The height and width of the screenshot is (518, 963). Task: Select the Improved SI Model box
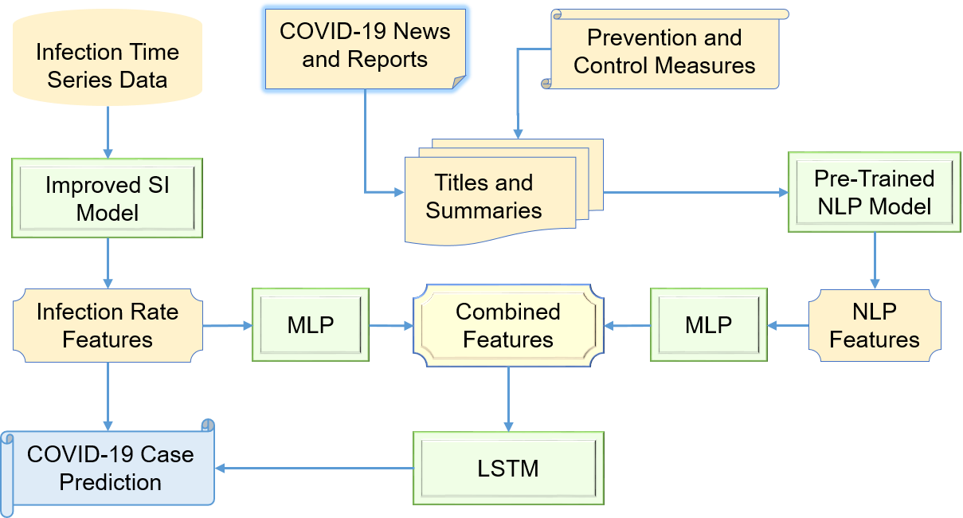(108, 198)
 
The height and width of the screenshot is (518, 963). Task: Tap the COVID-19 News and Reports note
(365, 47)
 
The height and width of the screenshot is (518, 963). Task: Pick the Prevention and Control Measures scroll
(664, 51)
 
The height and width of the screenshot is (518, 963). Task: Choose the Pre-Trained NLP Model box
(874, 192)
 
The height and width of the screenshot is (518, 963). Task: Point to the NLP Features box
(875, 325)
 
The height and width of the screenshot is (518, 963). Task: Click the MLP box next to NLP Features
(708, 325)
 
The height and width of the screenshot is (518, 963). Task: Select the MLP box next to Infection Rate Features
(311, 325)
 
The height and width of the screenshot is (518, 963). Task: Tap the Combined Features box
(508, 325)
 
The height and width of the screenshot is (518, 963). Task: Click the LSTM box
(508, 469)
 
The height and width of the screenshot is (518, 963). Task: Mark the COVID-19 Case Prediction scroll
(110, 468)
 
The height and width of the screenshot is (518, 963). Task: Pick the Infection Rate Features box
(108, 325)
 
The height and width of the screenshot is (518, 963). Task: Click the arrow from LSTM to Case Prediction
(315, 469)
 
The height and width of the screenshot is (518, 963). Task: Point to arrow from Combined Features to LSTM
(508, 398)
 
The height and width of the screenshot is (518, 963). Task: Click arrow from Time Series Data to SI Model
(108, 131)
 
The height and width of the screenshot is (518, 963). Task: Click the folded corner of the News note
(458, 83)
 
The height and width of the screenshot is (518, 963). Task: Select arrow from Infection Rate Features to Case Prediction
(108, 394)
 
